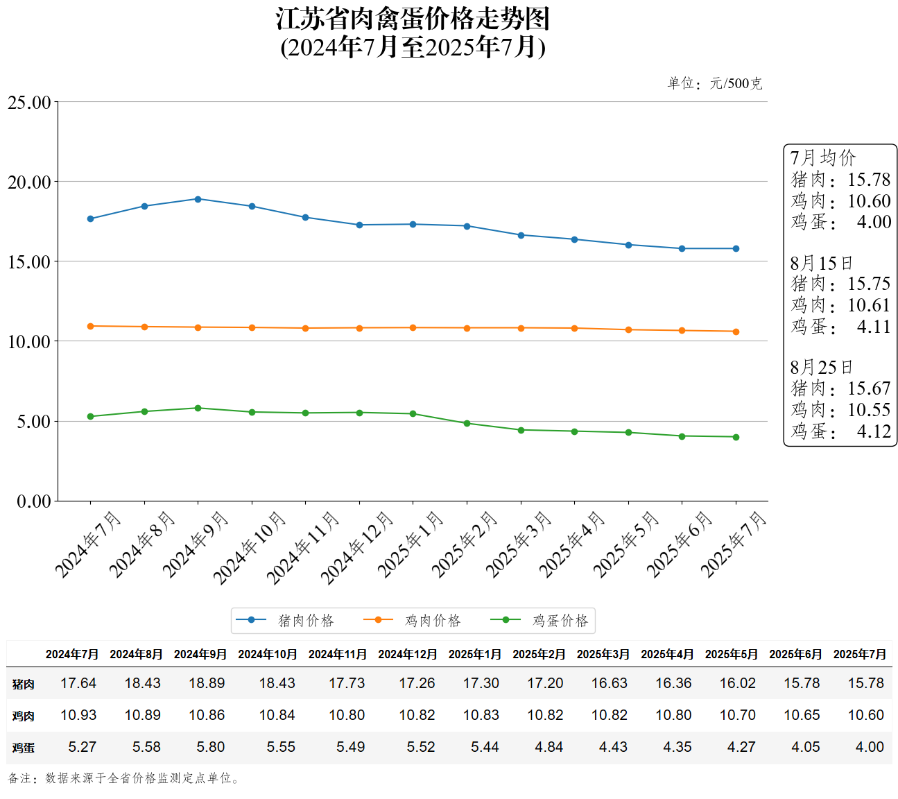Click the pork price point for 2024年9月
point(198,199)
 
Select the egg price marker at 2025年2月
point(467,423)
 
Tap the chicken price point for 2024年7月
point(90,326)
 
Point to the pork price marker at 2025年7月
point(736,248)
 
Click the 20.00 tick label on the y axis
point(30,182)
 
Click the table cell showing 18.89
point(207,683)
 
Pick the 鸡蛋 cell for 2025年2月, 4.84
point(549,747)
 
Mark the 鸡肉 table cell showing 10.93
point(78,715)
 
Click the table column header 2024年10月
point(268,654)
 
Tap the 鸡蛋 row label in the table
point(23,748)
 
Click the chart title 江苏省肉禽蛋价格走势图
point(413,19)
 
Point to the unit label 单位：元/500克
point(714,83)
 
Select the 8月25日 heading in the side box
point(821,367)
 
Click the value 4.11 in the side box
point(874,326)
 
